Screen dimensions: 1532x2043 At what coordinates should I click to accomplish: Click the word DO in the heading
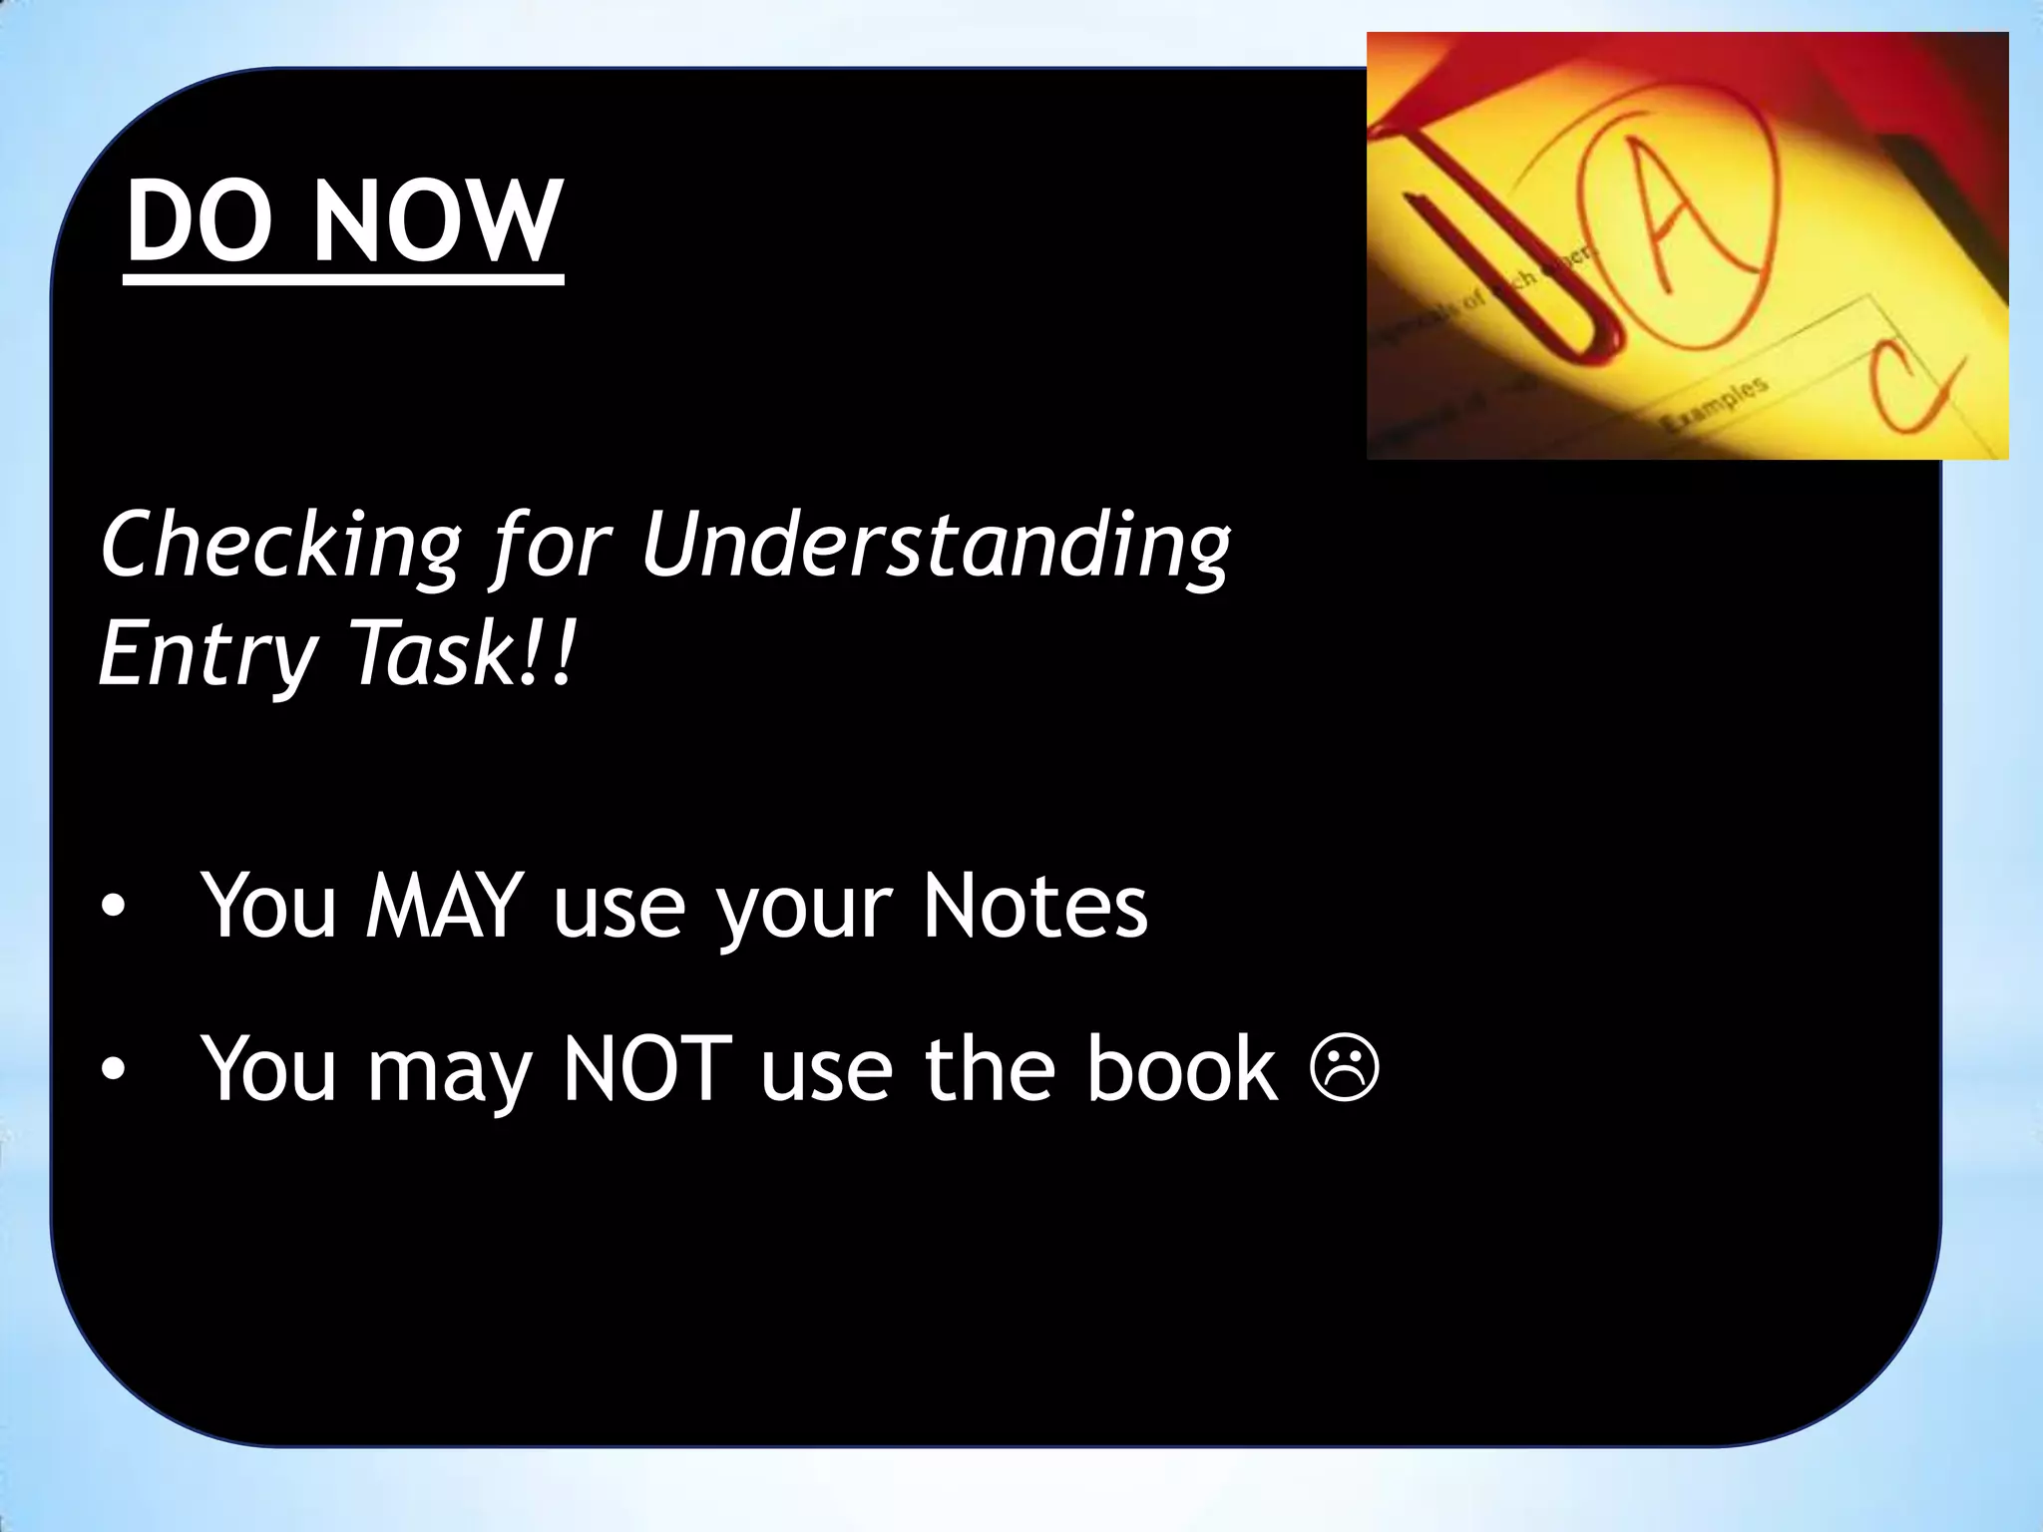pyautogui.click(x=200, y=221)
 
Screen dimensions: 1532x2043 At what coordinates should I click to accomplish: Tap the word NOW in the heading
pyautogui.click(x=438, y=221)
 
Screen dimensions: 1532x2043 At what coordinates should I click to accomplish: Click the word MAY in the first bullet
pyautogui.click(x=445, y=905)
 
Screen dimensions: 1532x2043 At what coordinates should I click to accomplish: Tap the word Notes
pyautogui.click(x=1034, y=905)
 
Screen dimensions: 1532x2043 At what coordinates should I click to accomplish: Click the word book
pyautogui.click(x=1181, y=1068)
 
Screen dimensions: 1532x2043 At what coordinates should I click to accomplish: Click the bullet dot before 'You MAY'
pyautogui.click(x=114, y=907)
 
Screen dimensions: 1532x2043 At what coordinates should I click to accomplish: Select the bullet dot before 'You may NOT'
pyautogui.click(x=114, y=1070)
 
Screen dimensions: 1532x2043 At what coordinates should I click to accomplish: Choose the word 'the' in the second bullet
pyautogui.click(x=988, y=1068)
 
